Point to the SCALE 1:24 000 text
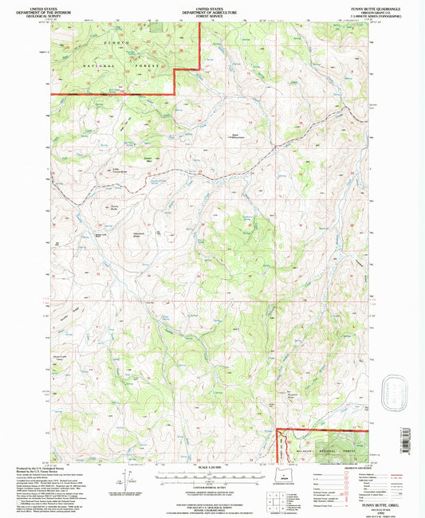pyautogui.click(x=211, y=468)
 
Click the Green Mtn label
pyautogui.click(x=148, y=159)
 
